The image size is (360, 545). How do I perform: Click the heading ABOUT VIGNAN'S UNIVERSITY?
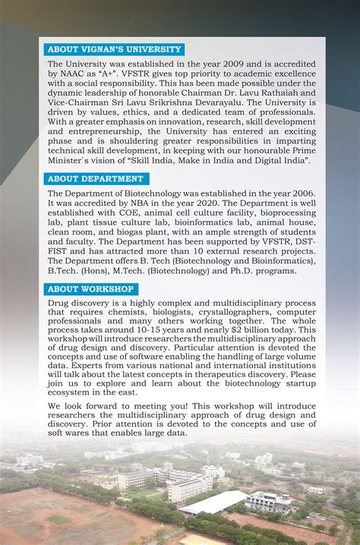click(114, 49)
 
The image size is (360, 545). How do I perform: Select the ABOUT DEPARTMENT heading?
click(96, 179)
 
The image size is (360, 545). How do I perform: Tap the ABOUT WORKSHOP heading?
click(91, 289)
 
